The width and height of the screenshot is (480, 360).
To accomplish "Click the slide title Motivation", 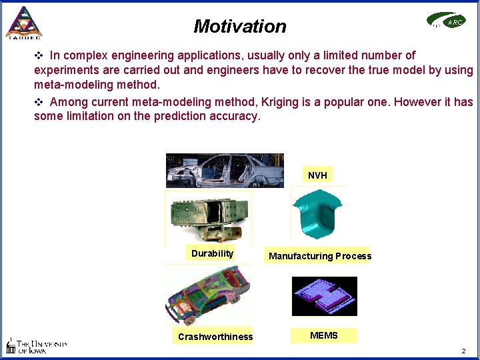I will [240, 27].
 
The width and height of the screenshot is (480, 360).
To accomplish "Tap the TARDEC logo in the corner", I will [23, 23].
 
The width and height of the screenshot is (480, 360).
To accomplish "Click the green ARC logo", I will [447, 21].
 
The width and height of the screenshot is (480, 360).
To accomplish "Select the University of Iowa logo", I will [37, 345].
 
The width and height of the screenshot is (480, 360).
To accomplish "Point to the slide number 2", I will [463, 351].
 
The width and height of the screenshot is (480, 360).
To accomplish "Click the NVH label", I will [317, 175].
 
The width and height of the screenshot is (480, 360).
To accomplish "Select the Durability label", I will [212, 253].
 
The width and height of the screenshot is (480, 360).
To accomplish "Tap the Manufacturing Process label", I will [319, 256].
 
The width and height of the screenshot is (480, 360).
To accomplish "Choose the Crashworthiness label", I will [215, 337].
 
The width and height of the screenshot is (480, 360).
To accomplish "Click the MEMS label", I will [324, 335].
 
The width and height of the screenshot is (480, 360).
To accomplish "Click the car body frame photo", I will [225, 171].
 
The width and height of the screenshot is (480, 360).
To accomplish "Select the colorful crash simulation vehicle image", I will [208, 294].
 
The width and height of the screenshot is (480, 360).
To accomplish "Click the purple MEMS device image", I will [324, 296].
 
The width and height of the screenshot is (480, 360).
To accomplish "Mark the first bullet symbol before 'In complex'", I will [39, 55].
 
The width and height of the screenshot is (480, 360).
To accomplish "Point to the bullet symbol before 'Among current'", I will [39, 102].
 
